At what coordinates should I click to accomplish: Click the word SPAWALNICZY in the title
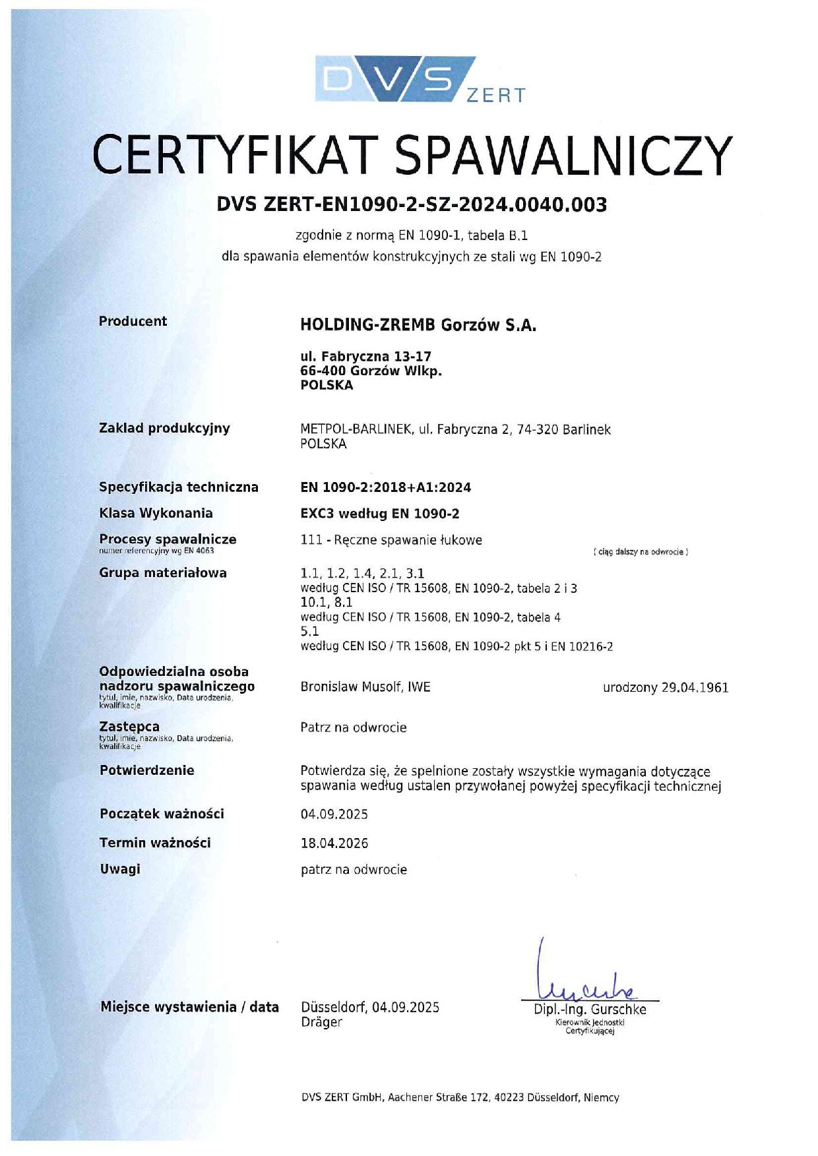[565, 156]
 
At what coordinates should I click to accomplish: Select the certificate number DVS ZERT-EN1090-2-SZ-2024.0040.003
[412, 204]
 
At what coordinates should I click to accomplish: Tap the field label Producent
[133, 321]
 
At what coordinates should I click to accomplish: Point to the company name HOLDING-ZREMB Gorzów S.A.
[418, 325]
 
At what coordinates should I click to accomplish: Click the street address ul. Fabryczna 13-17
[365, 357]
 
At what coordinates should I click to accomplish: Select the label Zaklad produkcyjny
[164, 428]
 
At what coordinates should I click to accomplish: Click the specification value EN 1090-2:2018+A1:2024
[385, 487]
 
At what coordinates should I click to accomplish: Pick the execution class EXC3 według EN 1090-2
[379, 513]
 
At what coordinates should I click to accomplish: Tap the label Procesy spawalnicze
[168, 539]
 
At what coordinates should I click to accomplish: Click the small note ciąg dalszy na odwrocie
[641, 551]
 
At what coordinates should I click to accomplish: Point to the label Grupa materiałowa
[162, 572]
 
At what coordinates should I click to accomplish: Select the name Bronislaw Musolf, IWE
[365, 686]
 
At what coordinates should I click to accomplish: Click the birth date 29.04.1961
[695, 687]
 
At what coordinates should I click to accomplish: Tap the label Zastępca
[129, 726]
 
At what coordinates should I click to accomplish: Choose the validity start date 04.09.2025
[334, 814]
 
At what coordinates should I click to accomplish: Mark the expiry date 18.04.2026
[334, 843]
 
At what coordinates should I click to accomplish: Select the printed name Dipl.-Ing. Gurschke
[590, 1010]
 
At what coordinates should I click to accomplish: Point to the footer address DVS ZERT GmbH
[460, 1097]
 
